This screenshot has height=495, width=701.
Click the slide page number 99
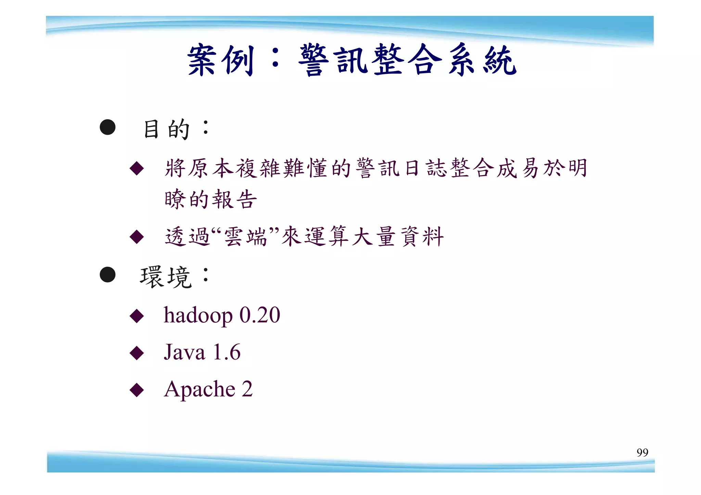click(642, 452)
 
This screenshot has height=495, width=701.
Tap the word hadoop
click(198, 315)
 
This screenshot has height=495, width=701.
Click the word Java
click(184, 352)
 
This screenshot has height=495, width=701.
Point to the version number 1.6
click(227, 352)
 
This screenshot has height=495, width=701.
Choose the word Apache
click(200, 389)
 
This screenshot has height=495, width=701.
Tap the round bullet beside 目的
click(107, 127)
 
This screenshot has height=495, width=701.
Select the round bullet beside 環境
click(107, 275)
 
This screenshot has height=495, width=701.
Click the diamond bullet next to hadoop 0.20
click(137, 316)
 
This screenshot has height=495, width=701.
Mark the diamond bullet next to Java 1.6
click(137, 353)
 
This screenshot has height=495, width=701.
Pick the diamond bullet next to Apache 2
click(137, 390)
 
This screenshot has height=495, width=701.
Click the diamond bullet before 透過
click(137, 237)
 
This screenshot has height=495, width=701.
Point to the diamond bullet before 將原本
click(137, 168)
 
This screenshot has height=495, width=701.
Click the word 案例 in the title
click(220, 60)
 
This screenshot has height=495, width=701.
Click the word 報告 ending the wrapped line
click(234, 200)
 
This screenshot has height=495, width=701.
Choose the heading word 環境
click(166, 277)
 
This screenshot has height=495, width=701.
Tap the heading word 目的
click(166, 129)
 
